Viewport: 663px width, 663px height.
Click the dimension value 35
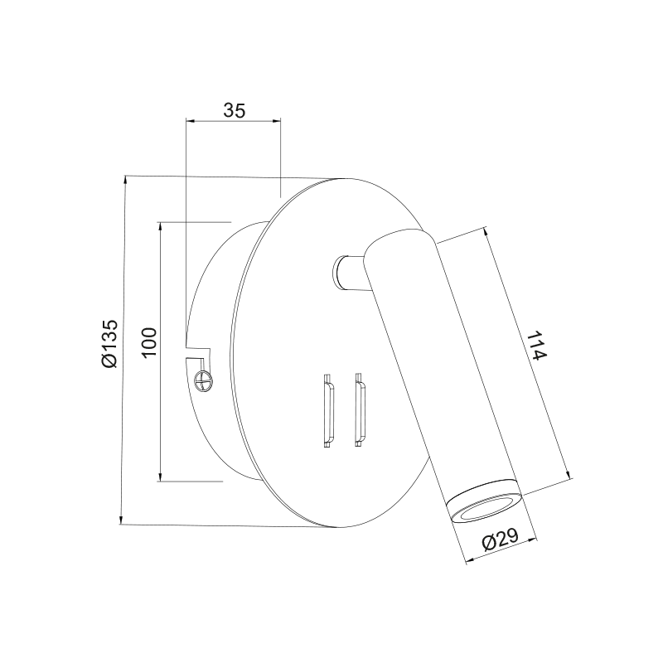[235, 110]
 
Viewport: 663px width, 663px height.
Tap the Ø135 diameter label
[109, 343]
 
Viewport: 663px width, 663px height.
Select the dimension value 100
[149, 343]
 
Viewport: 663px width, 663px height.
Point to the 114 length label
[538, 346]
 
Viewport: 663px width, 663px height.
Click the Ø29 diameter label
[501, 540]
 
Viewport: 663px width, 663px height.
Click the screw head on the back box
[202, 379]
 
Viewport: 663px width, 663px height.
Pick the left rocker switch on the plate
[328, 410]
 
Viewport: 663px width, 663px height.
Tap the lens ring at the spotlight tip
[485, 501]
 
